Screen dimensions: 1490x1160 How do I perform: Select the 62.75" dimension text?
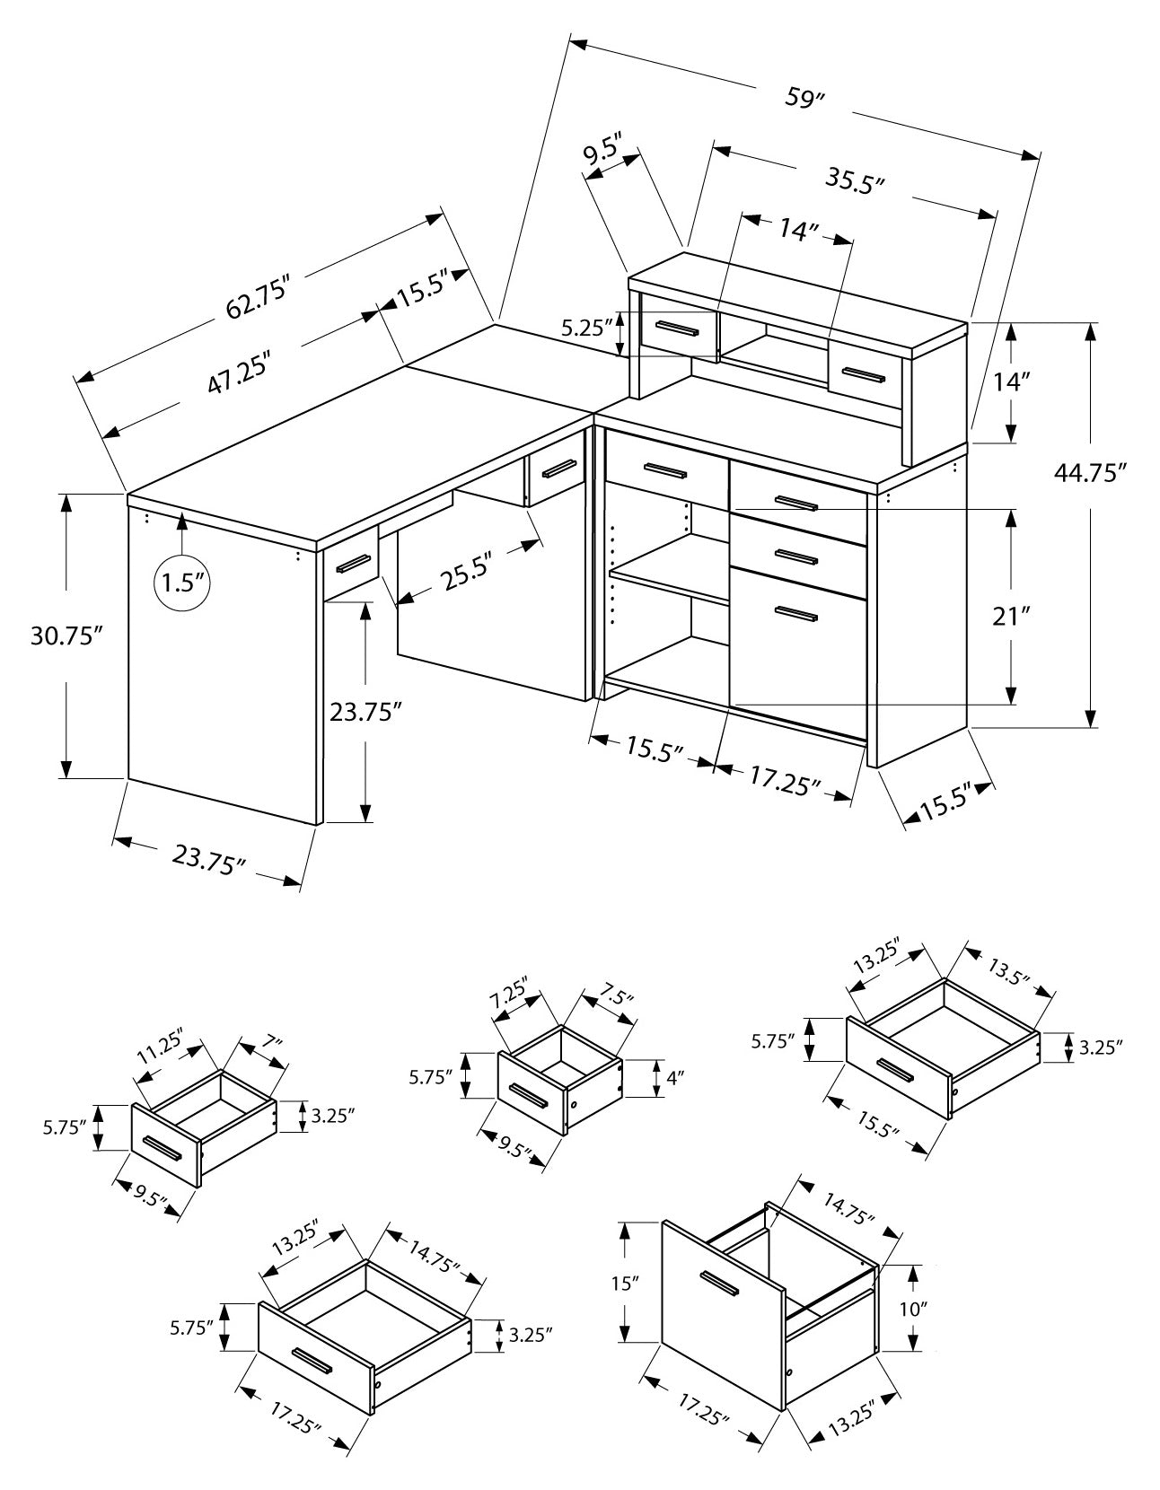[261, 296]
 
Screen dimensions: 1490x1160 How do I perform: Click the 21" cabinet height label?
[1011, 617]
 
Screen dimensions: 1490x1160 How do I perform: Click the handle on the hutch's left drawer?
[678, 329]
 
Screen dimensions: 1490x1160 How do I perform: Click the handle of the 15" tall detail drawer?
[719, 1284]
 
